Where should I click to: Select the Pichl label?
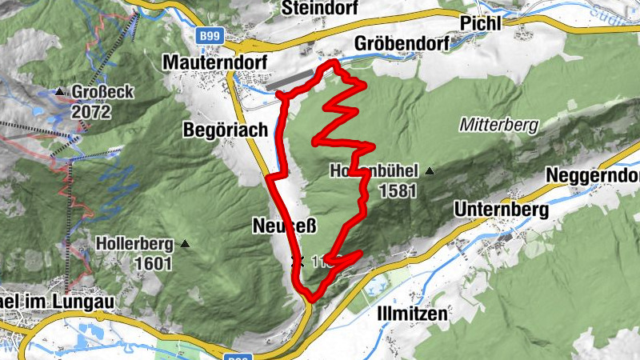click(480, 24)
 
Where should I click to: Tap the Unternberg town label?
click(501, 210)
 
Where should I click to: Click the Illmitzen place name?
click(411, 314)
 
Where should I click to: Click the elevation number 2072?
click(90, 112)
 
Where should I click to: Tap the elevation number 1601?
click(154, 262)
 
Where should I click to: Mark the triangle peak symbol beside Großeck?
click(59, 93)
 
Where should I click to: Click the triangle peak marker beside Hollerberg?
click(186, 243)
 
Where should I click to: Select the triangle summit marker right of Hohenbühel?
click(430, 171)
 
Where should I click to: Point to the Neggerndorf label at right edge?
click(593, 175)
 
